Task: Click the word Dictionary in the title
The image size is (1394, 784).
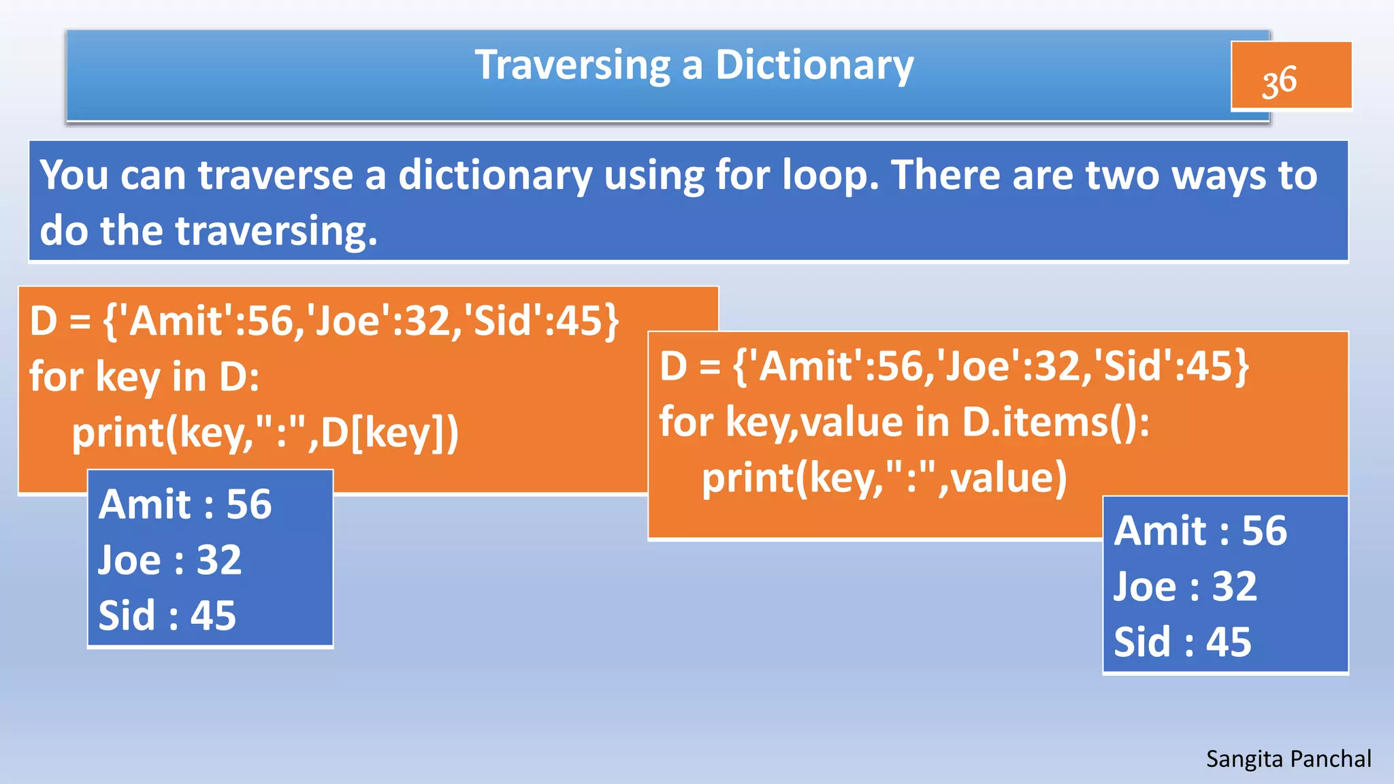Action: [x=814, y=66]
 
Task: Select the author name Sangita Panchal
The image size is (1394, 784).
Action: [x=1288, y=759]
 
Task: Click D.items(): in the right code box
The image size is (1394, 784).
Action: [x=1056, y=422]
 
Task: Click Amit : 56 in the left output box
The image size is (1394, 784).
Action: [x=185, y=504]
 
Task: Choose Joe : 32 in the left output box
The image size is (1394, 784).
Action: [x=170, y=560]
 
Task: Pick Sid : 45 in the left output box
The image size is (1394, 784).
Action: [x=167, y=615]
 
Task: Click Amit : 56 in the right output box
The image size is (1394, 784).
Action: [x=1201, y=531]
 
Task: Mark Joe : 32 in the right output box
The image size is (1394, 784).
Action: [x=1185, y=587]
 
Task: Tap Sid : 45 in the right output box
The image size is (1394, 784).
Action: [x=1182, y=642]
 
